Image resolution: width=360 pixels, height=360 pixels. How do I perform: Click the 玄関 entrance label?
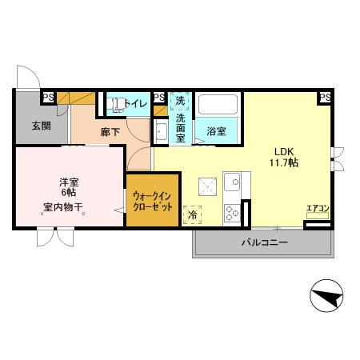tap(41, 126)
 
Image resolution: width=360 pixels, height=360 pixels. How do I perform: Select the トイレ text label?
tap(136, 102)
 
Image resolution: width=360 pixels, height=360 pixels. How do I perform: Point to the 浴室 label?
tap(216, 131)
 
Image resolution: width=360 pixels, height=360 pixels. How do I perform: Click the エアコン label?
tap(318, 209)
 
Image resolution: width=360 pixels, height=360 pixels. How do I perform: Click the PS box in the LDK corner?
tap(325, 97)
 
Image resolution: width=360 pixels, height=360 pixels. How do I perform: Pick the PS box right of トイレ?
tap(159, 96)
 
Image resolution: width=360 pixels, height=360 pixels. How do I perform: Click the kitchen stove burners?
tap(233, 212)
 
